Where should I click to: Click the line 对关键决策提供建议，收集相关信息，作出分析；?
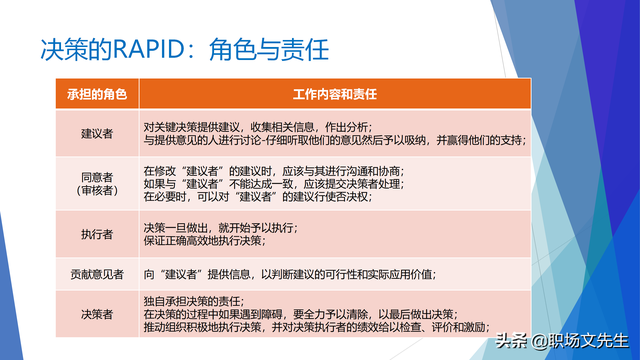(x=257, y=126)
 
